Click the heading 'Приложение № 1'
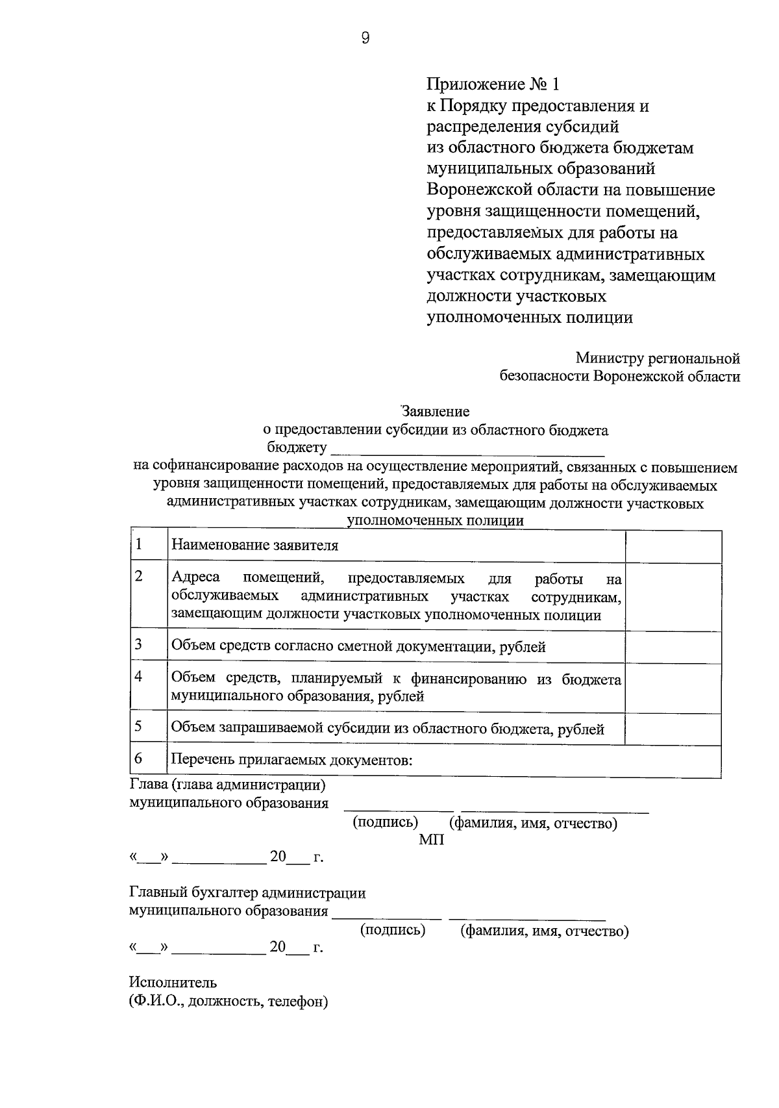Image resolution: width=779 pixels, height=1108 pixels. click(491, 84)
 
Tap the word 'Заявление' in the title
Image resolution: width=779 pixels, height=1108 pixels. click(435, 412)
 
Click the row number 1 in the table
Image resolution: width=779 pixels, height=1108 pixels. click(138, 544)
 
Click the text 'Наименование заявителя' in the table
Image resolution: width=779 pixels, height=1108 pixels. click(255, 546)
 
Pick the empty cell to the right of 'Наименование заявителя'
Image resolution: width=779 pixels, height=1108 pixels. click(673, 546)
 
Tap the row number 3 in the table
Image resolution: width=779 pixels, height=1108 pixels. click(138, 644)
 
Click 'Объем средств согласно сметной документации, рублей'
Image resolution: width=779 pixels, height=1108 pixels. click(358, 647)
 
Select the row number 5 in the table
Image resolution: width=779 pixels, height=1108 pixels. click(138, 726)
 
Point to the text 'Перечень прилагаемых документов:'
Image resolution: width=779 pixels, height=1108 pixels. click(292, 761)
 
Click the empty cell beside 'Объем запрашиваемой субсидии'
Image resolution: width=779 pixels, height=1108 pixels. click(673, 729)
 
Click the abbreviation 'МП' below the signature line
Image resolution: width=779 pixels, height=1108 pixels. click(431, 840)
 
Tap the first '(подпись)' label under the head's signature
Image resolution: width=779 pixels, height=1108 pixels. click(385, 823)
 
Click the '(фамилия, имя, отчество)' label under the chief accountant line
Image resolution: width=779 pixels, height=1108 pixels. click(544, 932)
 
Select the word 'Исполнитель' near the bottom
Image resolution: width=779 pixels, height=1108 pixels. click(173, 982)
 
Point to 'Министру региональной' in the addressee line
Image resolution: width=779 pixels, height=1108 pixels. click(657, 359)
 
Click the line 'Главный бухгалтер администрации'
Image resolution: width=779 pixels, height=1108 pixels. click(247, 893)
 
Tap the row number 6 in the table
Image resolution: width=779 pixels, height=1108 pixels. click(138, 758)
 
